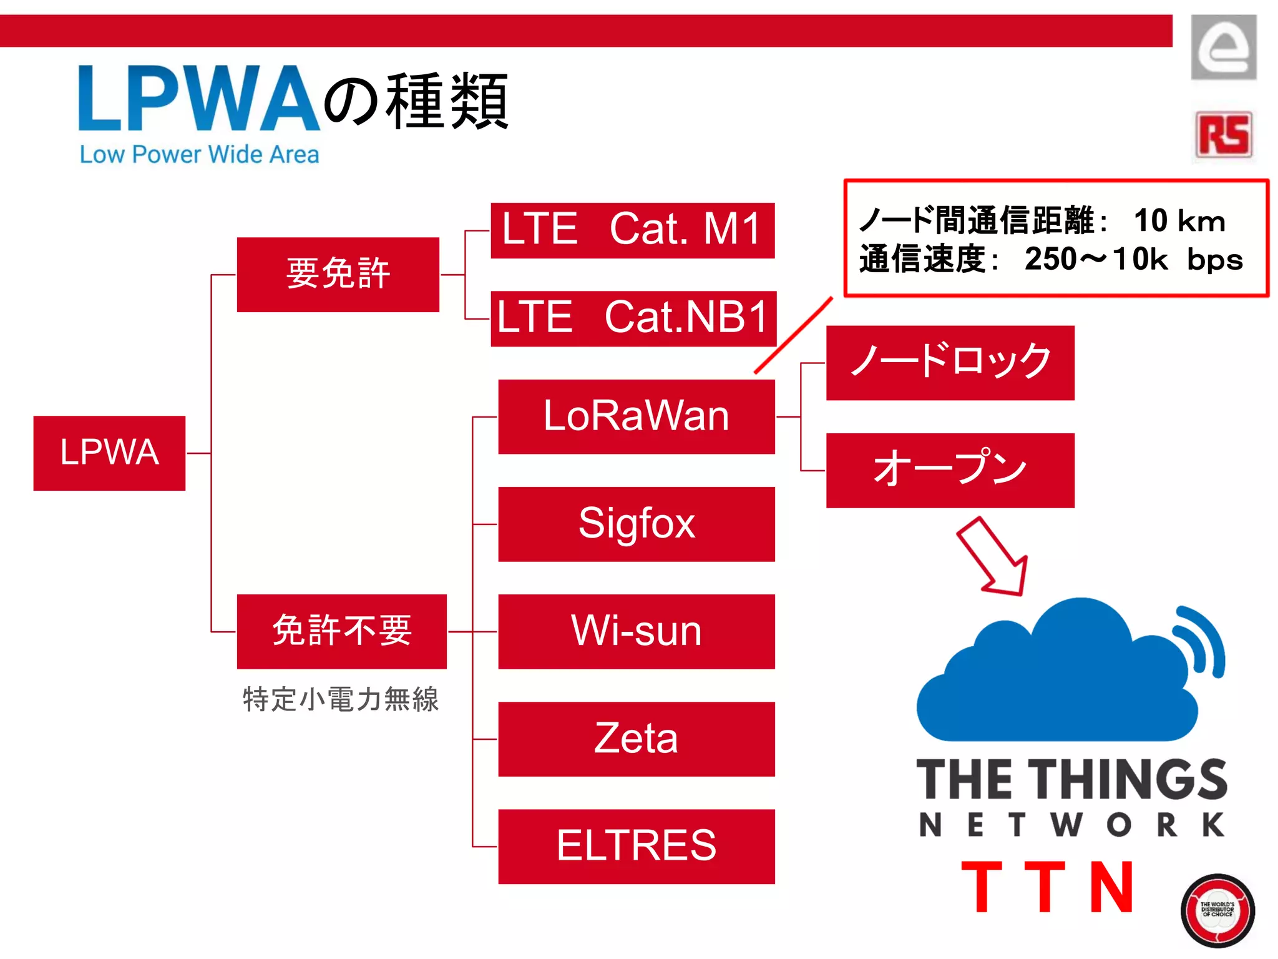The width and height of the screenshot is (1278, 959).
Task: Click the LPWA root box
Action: point(109,453)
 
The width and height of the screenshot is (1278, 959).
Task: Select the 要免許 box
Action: point(338,274)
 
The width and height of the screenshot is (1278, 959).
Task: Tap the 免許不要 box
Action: point(341,631)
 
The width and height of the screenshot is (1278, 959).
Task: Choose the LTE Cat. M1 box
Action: point(632,230)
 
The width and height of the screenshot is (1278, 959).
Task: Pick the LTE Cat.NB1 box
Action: point(633,318)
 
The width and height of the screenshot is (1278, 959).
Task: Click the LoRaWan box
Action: point(636,416)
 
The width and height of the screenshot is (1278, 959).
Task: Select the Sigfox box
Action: point(636,524)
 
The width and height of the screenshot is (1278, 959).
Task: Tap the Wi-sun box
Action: point(636,631)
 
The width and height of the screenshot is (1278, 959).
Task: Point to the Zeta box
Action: point(636,739)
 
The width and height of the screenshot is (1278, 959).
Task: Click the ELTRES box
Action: point(636,846)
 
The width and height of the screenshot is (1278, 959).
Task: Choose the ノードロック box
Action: point(950,362)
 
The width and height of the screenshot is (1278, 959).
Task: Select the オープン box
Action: point(950,470)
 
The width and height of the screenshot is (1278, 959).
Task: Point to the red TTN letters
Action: point(1047,887)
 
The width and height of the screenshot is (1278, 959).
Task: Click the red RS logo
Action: point(1224,135)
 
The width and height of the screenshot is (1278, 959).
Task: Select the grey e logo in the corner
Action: point(1223,47)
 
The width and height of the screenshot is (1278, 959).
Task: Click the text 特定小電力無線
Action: point(341,699)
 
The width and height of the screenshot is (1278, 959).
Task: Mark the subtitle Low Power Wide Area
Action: point(199,155)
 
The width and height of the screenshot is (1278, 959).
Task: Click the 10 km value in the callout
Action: point(1179,220)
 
